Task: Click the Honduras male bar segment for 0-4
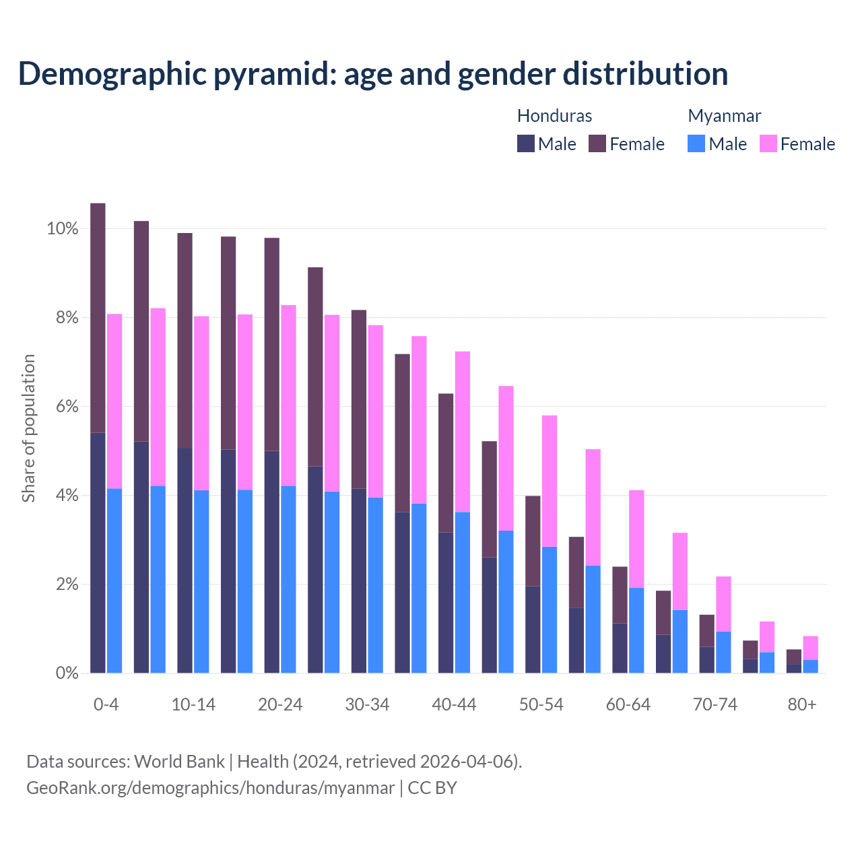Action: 98,552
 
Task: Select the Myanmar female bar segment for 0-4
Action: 114,401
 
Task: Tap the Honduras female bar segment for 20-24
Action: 271,344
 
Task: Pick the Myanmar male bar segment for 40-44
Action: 463,593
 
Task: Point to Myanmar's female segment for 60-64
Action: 636,539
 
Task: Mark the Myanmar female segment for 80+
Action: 810,648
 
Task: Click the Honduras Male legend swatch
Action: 525,143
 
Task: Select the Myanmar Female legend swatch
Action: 768,143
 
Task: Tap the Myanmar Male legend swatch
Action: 696,143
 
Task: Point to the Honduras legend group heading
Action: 554,116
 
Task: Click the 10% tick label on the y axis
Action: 63,229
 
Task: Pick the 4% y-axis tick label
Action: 67,496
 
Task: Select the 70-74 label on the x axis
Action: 715,704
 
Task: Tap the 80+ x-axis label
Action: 802,704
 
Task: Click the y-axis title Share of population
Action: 28,428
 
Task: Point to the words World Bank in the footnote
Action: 179,761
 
